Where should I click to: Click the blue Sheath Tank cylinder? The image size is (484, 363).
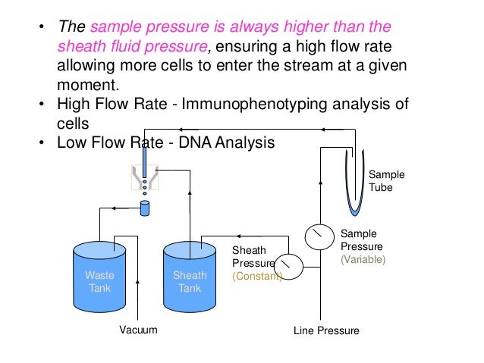[x=190, y=274]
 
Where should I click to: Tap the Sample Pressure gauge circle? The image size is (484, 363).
[x=319, y=237]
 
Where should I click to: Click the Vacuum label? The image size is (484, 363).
[x=138, y=330]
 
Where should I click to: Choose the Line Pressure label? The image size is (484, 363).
[x=326, y=331]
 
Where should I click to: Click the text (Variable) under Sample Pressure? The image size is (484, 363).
[x=363, y=259]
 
